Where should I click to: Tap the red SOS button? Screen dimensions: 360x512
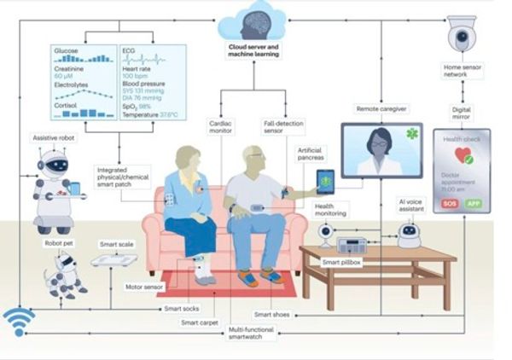point(450,205)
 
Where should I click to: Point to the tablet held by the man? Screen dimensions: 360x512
point(326,180)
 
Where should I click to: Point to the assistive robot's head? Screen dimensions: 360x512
point(53,163)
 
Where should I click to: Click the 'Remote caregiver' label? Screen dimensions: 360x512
point(381,109)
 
